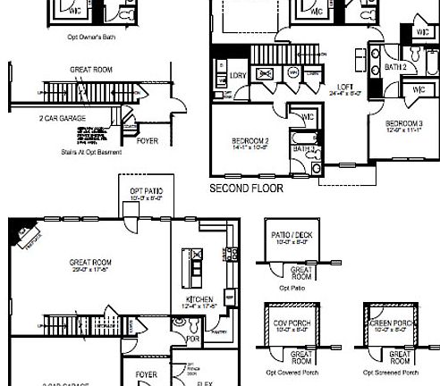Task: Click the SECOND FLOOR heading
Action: pyautogui.click(x=245, y=189)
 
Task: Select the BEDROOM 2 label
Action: pyautogui.click(x=250, y=140)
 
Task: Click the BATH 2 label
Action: pyautogui.click(x=396, y=67)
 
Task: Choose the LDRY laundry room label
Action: pyautogui.click(x=238, y=75)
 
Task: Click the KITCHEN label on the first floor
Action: pyautogui.click(x=198, y=299)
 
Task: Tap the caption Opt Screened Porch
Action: pyautogui.click(x=391, y=372)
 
